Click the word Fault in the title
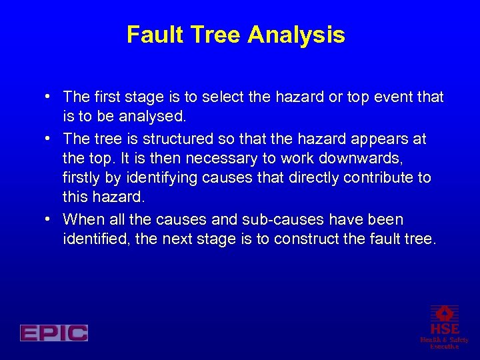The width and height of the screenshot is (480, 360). [x=151, y=35]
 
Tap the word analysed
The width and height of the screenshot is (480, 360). [x=151, y=117]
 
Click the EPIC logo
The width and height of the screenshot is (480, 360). [x=54, y=333]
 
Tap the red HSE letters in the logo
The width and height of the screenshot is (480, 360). [x=444, y=329]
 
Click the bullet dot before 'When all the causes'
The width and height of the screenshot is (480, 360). [x=51, y=219]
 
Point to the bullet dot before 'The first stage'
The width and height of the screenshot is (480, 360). [x=51, y=97]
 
